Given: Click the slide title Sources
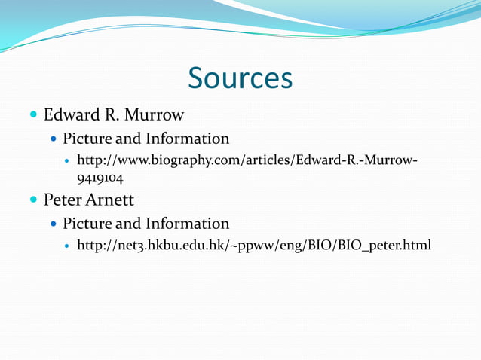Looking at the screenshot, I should (240, 78).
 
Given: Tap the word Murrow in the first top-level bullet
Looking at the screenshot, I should (155, 115).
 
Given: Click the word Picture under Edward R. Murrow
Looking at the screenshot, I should (87, 139).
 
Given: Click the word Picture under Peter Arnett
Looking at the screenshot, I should (87, 224).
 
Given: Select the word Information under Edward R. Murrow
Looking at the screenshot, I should (188, 139).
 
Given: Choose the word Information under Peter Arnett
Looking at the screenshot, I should (188, 224).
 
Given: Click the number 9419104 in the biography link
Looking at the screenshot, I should (100, 179).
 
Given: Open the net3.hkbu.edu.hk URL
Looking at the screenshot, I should (254, 246).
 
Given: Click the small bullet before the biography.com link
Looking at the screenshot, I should (68, 162).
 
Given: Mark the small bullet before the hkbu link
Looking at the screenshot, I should (68, 246).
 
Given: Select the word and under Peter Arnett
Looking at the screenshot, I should (129, 224).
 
